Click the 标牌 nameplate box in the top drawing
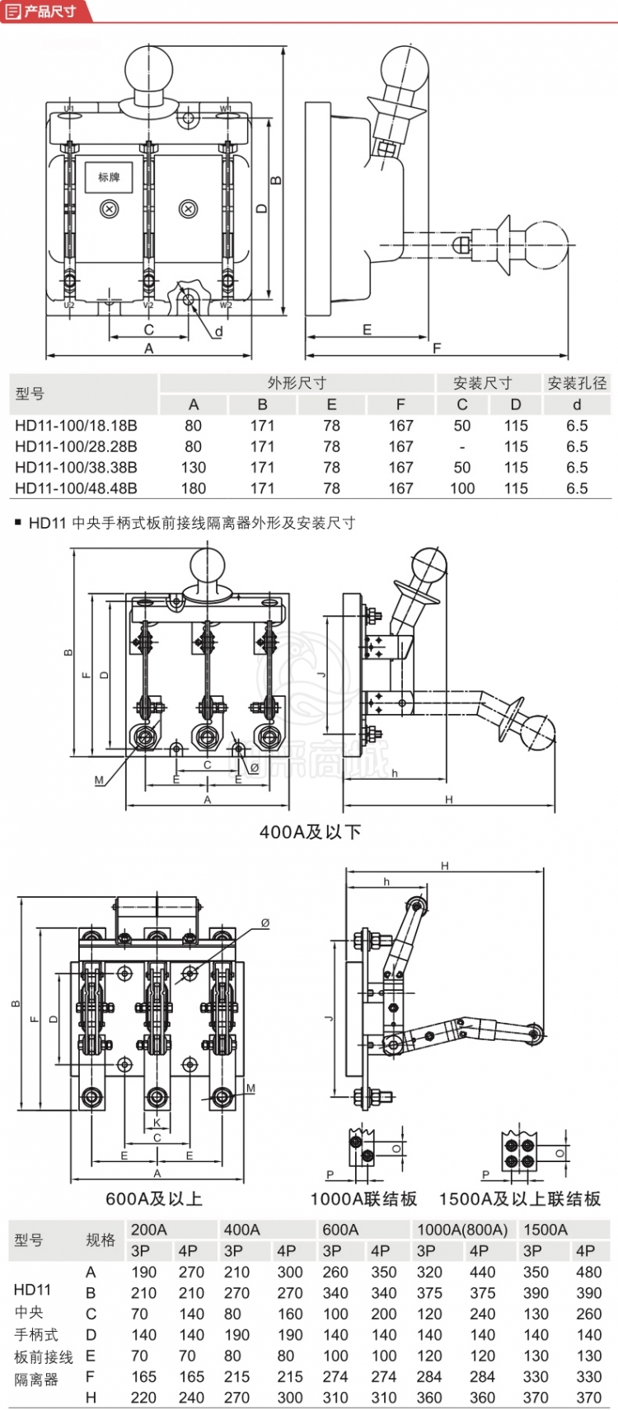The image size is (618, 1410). (x=109, y=177)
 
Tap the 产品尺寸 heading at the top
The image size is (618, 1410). (x=49, y=11)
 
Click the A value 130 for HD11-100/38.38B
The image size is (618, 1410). (x=194, y=467)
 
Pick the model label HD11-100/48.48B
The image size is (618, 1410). (x=76, y=488)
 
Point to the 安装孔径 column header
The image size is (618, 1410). (x=577, y=383)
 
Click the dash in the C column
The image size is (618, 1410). (x=462, y=446)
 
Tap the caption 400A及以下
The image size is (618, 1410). (x=310, y=832)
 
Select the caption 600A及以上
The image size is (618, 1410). (x=154, y=1198)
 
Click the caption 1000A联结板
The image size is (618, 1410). (x=363, y=1198)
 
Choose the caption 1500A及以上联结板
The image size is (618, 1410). (x=519, y=1198)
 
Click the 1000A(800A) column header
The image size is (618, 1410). (x=462, y=1230)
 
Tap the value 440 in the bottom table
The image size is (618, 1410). (x=482, y=1272)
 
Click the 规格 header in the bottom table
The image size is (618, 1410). (x=101, y=1240)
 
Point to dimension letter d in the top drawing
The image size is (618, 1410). (x=218, y=332)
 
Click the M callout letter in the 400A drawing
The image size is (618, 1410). (x=99, y=780)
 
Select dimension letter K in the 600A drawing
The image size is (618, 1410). (x=157, y=1123)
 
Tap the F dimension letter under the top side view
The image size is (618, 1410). (x=437, y=348)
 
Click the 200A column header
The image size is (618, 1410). (x=149, y=1230)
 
